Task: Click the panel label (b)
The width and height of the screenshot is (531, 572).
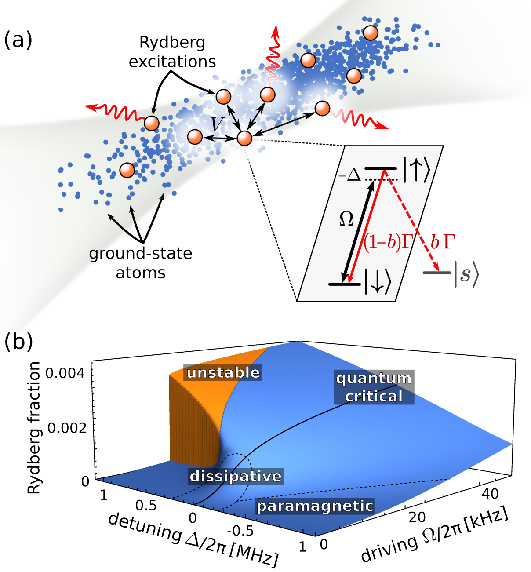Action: (x=18, y=342)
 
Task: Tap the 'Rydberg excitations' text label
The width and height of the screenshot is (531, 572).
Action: (x=172, y=52)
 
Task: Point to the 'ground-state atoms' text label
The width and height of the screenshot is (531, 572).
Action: (x=141, y=263)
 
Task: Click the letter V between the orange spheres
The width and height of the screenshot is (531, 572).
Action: (x=216, y=124)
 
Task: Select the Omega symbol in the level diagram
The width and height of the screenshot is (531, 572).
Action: (x=346, y=219)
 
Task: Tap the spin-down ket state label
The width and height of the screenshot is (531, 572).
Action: (x=378, y=281)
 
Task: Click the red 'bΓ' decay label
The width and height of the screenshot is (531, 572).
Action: (x=442, y=241)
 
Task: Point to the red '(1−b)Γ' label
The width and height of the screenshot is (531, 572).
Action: (x=386, y=241)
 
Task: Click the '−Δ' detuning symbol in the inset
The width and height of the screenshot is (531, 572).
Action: (x=350, y=175)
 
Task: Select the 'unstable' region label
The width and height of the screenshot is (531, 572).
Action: (x=223, y=372)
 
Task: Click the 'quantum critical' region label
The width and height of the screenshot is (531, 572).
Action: (x=374, y=387)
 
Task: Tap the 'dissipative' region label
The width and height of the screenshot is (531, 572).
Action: (x=236, y=476)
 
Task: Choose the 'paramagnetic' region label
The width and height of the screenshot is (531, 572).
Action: (x=315, y=506)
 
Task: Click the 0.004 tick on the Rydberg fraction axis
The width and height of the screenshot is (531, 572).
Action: (x=66, y=374)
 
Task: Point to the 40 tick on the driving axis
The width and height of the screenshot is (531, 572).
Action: (x=490, y=493)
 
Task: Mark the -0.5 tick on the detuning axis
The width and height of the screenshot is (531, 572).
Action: (x=243, y=531)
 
